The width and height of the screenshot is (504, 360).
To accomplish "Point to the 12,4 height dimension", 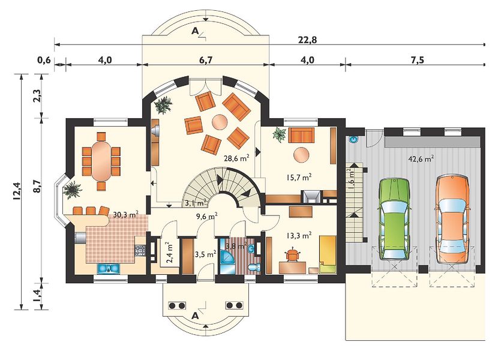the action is coord(17,191).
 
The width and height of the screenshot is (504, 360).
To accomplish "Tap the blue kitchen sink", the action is coord(109,268).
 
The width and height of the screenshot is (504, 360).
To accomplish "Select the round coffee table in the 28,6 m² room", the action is coord(220,122).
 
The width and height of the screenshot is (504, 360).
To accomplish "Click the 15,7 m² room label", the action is coord(299,177).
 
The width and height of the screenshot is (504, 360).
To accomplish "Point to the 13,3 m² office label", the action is coord(298,236).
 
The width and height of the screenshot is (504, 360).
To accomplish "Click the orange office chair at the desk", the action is coord(292,254).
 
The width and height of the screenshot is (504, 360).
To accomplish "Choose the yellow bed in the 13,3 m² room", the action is coord(328,254).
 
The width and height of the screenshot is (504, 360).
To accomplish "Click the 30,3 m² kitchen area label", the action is coord(125,214).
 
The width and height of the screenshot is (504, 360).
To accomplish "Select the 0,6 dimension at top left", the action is coord(44,60).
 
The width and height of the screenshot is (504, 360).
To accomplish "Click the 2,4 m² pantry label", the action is coord(170,253).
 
